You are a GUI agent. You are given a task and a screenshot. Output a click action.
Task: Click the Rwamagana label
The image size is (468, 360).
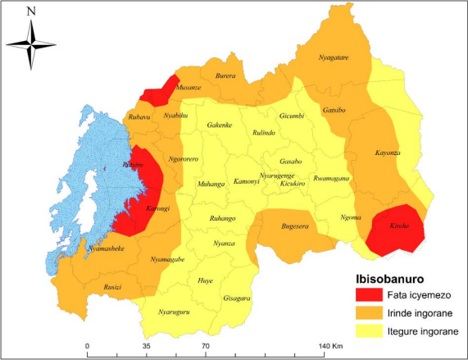pyautogui.click(x=331, y=178)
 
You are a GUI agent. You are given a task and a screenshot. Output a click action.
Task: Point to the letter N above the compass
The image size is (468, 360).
pyautogui.click(x=30, y=11)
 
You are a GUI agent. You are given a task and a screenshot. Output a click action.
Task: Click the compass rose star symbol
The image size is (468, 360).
pyautogui.click(x=30, y=44)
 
